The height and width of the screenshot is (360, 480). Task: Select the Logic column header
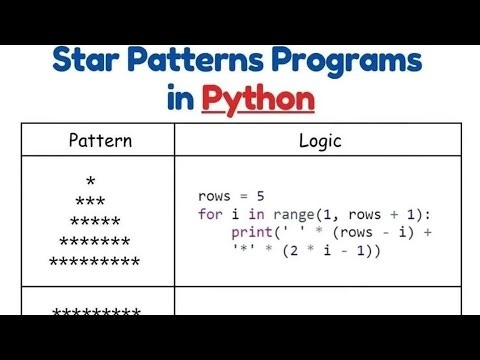click(x=321, y=140)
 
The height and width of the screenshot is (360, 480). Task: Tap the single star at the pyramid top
click(x=91, y=182)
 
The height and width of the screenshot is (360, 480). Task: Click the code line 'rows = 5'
click(x=224, y=197)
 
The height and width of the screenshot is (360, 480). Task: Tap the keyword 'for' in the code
click(x=208, y=214)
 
